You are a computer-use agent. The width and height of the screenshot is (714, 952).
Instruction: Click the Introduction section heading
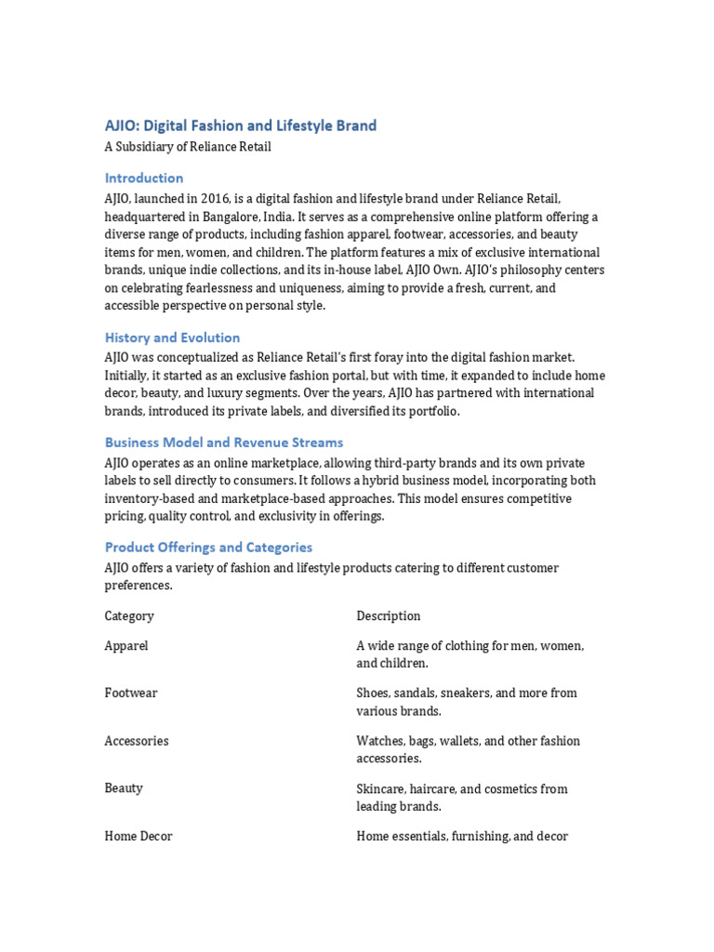(x=144, y=178)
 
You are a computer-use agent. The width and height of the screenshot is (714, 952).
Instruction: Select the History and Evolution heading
(x=172, y=337)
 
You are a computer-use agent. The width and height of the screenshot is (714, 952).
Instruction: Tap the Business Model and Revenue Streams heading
(x=223, y=443)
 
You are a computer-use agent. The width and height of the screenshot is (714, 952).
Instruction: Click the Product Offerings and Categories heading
(x=208, y=548)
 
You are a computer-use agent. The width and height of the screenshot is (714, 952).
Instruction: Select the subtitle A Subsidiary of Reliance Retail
(x=188, y=147)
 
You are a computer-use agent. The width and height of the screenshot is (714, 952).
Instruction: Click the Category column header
(x=129, y=616)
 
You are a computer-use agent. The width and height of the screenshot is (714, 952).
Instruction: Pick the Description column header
(x=389, y=616)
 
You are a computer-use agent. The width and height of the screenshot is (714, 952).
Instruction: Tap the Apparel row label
(x=126, y=645)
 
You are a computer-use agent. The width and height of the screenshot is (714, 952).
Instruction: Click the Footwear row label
(x=131, y=694)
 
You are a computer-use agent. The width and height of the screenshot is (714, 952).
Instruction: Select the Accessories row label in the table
(x=137, y=741)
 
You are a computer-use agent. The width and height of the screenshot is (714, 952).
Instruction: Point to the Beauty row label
(x=124, y=788)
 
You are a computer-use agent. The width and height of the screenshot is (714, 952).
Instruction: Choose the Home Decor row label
(x=139, y=837)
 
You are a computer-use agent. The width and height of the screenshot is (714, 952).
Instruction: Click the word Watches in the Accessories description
(x=380, y=741)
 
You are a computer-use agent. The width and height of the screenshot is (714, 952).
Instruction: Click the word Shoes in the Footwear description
(x=373, y=694)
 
